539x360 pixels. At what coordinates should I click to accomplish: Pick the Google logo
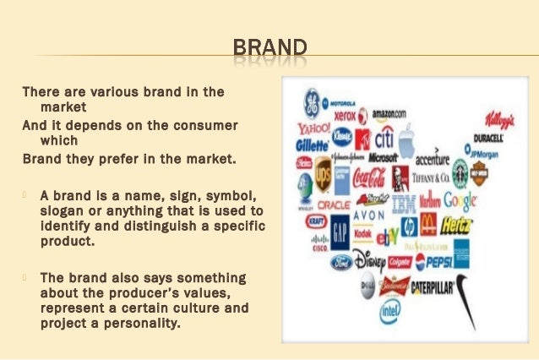(460, 200)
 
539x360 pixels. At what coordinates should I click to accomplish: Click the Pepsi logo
(432, 260)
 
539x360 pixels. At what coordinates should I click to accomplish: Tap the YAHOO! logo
(313, 129)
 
